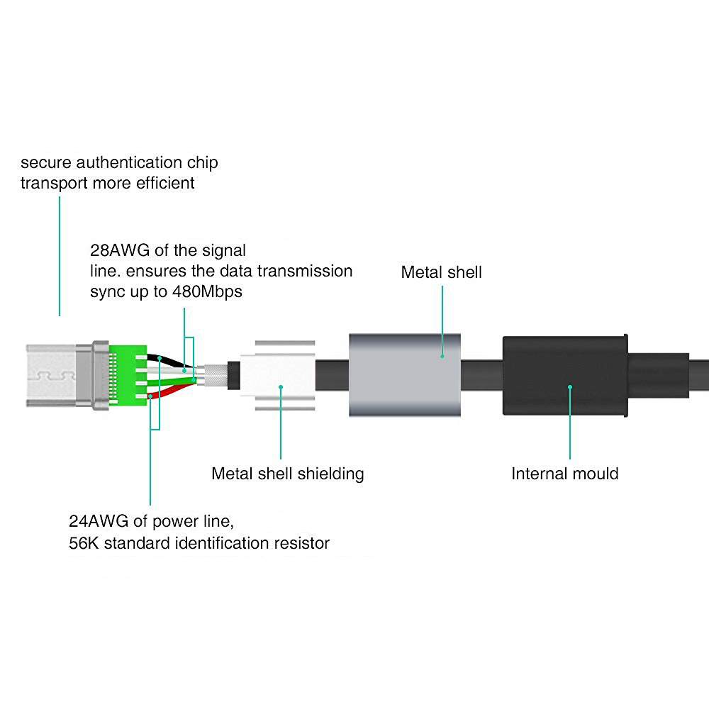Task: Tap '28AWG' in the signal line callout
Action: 120,250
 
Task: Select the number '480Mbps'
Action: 207,291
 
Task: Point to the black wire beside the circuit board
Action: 169,360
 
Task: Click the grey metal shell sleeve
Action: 405,375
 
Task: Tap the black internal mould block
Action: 565,375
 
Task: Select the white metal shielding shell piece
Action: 278,375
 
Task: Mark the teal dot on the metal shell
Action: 442,357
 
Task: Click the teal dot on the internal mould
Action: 570,387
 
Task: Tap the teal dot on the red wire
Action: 150,396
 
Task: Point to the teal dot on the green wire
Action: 194,380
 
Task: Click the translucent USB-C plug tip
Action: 51,375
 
